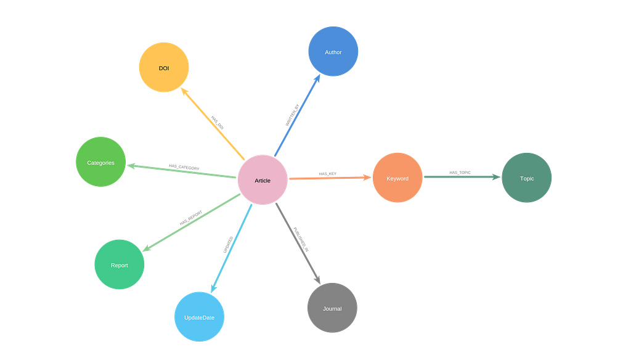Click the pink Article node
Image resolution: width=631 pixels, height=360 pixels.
pyautogui.click(x=263, y=179)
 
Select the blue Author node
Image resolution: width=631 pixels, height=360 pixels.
pyautogui.click(x=333, y=52)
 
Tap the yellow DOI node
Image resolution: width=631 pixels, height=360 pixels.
pyautogui.click(x=164, y=67)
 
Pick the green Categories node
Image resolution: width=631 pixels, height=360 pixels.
pyautogui.click(x=100, y=162)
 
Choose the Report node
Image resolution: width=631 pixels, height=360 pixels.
pyautogui.click(x=119, y=264)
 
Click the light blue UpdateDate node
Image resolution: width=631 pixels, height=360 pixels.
pyautogui.click(x=199, y=317)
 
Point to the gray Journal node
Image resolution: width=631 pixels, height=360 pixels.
pyautogui.click(x=332, y=308)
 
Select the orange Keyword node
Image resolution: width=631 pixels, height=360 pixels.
pyautogui.click(x=397, y=178)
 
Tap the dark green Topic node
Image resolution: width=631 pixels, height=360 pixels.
pyautogui.click(x=526, y=178)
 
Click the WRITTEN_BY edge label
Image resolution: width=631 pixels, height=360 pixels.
pyautogui.click(x=292, y=115)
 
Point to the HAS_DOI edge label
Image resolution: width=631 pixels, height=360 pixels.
pyautogui.click(x=218, y=123)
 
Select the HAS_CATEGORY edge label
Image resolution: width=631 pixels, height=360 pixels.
pyautogui.click(x=184, y=167)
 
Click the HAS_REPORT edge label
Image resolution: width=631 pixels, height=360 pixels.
pyautogui.click(x=191, y=218)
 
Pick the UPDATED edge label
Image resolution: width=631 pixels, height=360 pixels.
pyautogui.click(x=228, y=245)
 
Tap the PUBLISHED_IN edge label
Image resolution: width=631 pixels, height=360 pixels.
pyautogui.click(x=301, y=240)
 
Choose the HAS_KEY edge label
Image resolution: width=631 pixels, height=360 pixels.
pyautogui.click(x=328, y=174)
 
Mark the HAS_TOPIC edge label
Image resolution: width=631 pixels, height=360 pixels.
pyautogui.click(x=460, y=173)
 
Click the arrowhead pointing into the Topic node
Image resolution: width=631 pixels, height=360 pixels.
pyautogui.click(x=497, y=177)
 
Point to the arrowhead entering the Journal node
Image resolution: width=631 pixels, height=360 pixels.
pyautogui.click(x=317, y=279)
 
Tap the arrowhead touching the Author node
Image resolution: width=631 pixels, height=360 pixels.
pyautogui.click(x=317, y=78)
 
